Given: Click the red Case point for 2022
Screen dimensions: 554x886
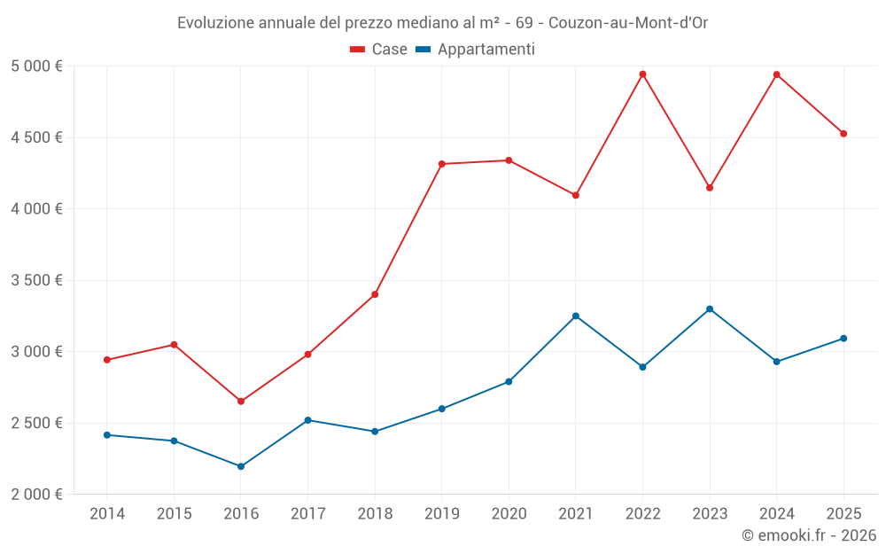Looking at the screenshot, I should click(642, 74).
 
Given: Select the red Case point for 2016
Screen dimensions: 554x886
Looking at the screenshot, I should click(241, 402).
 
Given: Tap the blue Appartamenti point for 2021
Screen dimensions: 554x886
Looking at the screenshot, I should click(576, 316).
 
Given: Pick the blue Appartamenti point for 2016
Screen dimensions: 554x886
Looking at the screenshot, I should click(241, 466).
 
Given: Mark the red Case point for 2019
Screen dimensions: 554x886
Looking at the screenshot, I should click(441, 164).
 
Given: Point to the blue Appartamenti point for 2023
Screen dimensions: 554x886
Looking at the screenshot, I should click(710, 309).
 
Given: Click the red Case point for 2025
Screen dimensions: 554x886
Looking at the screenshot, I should click(843, 134).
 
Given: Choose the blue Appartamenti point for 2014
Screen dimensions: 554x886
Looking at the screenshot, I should click(107, 435).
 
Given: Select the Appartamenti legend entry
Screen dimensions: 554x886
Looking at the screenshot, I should click(478, 50).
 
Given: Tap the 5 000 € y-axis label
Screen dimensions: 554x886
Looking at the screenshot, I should click(36, 66).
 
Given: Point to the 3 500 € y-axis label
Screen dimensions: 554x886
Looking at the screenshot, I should click(36, 280).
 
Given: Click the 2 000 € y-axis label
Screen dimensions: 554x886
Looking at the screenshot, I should click(36, 495).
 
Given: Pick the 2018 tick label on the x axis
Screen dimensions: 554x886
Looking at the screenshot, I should click(375, 514).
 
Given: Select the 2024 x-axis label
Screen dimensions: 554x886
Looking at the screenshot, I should click(776, 514).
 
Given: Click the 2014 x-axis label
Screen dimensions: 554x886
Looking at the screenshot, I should click(107, 514).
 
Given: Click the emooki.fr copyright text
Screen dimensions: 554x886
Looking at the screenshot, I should click(809, 535).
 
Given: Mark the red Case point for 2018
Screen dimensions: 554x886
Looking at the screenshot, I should click(375, 294).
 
